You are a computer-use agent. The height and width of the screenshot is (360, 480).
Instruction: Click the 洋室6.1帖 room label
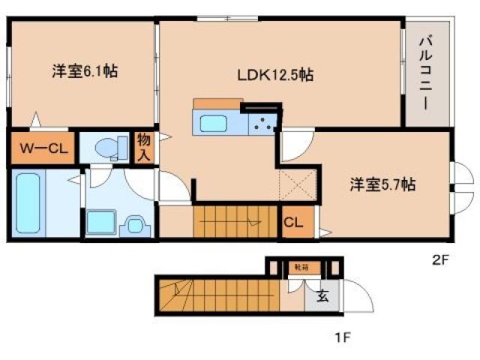tap(83, 72)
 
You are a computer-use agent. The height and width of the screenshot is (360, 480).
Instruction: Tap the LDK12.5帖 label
tap(274, 75)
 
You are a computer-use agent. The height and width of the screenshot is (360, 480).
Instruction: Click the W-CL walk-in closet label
tap(43, 148)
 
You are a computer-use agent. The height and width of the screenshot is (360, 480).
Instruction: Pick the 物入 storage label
tap(144, 148)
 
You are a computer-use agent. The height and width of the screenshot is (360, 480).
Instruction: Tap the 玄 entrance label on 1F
tap(322, 296)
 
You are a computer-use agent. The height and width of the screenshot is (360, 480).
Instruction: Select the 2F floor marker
tap(439, 261)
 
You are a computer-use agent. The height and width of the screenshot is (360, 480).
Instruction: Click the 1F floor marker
tap(343, 337)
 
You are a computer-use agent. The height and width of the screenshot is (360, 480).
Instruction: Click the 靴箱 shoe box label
tap(300, 266)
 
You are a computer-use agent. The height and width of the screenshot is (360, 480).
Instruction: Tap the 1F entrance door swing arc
tap(358, 298)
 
